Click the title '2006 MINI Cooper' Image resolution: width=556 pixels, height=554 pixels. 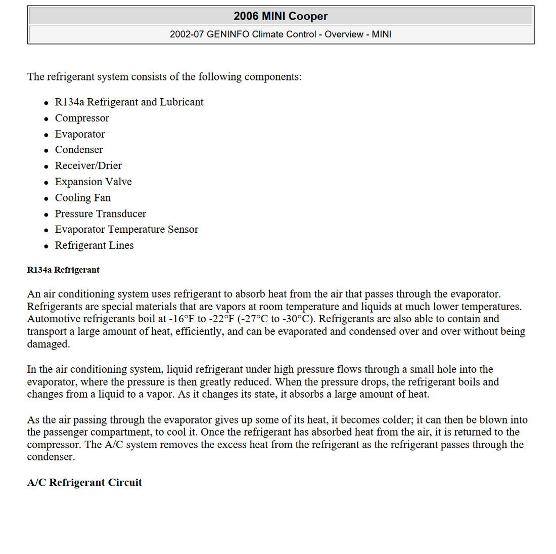point(281,16)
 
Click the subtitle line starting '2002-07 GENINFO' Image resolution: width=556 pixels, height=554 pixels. point(281,34)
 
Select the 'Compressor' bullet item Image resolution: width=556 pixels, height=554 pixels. point(82,118)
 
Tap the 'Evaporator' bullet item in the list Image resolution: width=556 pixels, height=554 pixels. point(80,134)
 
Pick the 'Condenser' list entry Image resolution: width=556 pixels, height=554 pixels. point(79,150)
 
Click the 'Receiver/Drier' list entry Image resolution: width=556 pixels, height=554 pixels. point(88,165)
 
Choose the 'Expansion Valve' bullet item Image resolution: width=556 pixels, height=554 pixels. point(94,182)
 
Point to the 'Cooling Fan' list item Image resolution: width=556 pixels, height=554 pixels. point(83,198)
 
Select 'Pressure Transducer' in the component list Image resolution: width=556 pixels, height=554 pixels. point(101,214)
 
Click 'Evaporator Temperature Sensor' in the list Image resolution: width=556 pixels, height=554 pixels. point(126,229)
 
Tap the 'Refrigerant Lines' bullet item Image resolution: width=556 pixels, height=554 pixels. point(95,245)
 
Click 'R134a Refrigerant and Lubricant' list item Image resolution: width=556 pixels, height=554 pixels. point(129,102)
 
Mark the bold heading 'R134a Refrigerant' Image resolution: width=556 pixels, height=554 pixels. point(63,270)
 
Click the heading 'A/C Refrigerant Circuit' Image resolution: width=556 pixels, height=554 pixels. point(84,483)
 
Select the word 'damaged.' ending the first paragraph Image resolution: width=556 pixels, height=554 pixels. point(49,344)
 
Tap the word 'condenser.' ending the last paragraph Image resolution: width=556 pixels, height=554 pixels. point(51,457)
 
